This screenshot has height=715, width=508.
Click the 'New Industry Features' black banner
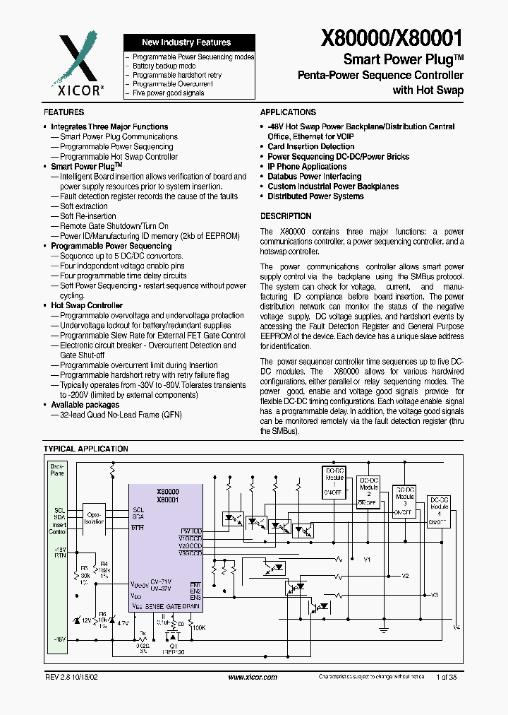coord(186,42)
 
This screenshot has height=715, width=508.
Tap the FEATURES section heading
coord(64,112)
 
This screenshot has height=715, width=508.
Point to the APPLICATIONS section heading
coord(288,112)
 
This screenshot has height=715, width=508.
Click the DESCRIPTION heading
coord(286,216)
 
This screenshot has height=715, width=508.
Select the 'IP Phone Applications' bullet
coord(307,167)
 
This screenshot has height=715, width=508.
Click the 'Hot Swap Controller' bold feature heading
coord(87,305)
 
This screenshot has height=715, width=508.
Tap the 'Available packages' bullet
coord(85,405)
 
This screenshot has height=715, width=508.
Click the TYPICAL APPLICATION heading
coord(86,449)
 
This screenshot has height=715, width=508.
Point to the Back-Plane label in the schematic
coord(56,469)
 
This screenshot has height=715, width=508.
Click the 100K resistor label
coord(199,627)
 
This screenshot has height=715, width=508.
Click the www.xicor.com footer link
coord(253,677)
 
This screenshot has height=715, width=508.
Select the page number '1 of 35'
coord(447,677)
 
